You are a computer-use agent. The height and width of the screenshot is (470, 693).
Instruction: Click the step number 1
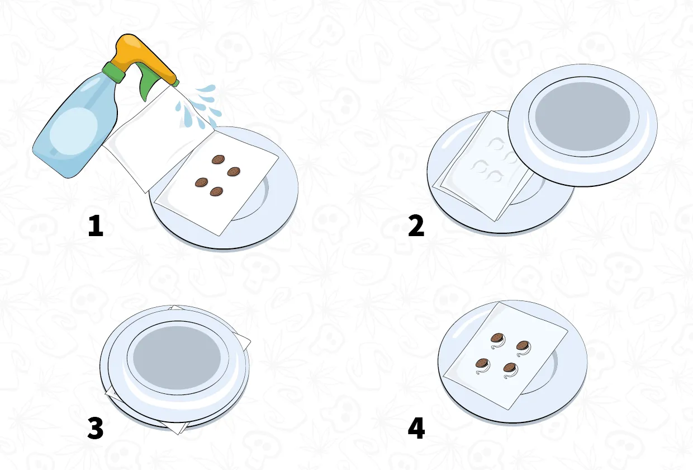tap(96, 225)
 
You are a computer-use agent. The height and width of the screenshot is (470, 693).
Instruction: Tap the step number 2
tap(416, 225)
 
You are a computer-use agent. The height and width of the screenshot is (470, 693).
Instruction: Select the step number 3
tap(96, 428)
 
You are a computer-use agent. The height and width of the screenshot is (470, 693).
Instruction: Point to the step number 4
tap(416, 428)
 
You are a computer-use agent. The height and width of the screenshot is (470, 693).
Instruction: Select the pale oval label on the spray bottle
tap(74, 131)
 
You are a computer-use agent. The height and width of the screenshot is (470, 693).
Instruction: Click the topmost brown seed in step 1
tap(218, 159)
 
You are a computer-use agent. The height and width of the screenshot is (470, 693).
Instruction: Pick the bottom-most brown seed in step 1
tap(216, 192)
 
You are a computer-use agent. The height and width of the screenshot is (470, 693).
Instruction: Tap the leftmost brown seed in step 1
tap(201, 182)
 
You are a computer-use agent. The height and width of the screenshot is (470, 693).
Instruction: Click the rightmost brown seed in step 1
tap(234, 171)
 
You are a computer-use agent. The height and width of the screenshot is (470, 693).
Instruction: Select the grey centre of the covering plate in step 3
tap(177, 358)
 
